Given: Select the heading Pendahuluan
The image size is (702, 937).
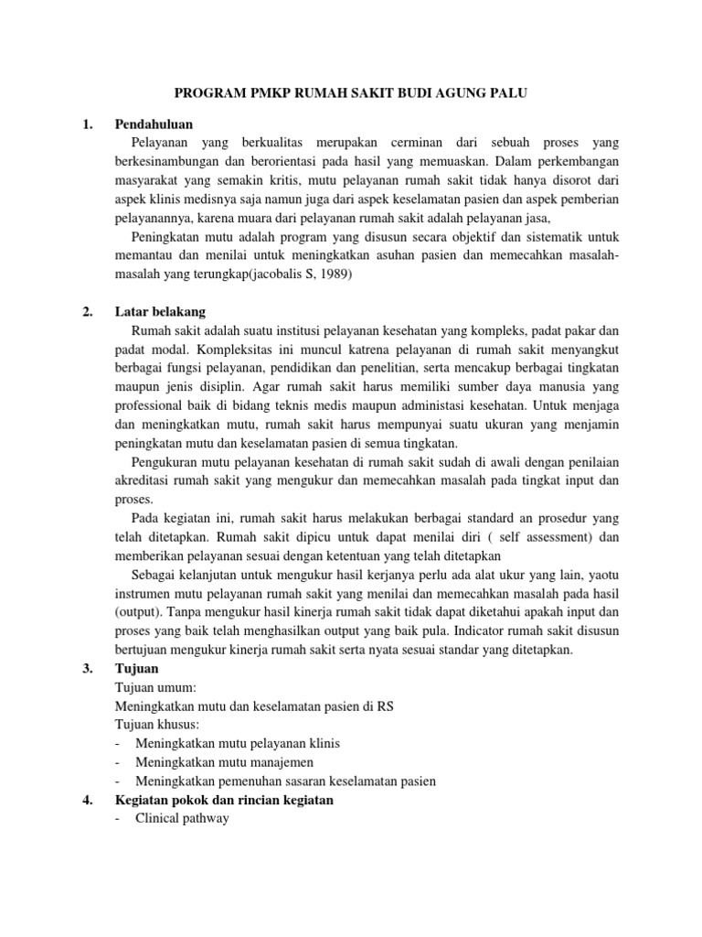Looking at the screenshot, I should point(154,124).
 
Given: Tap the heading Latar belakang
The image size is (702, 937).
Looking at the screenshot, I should point(160,311).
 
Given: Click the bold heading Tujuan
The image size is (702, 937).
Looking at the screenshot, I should point(136,668).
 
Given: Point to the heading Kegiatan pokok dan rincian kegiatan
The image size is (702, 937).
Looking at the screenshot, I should point(224,800).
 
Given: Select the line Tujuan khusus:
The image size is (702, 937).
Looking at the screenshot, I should point(160,724).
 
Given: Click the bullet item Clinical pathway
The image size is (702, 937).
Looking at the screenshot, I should point(181,818).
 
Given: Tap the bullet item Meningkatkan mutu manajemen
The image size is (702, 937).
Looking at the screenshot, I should point(224,761).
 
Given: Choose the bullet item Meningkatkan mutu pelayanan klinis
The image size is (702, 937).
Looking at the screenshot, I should point(243,742).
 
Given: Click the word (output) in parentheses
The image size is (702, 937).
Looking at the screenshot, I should point(142,611).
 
